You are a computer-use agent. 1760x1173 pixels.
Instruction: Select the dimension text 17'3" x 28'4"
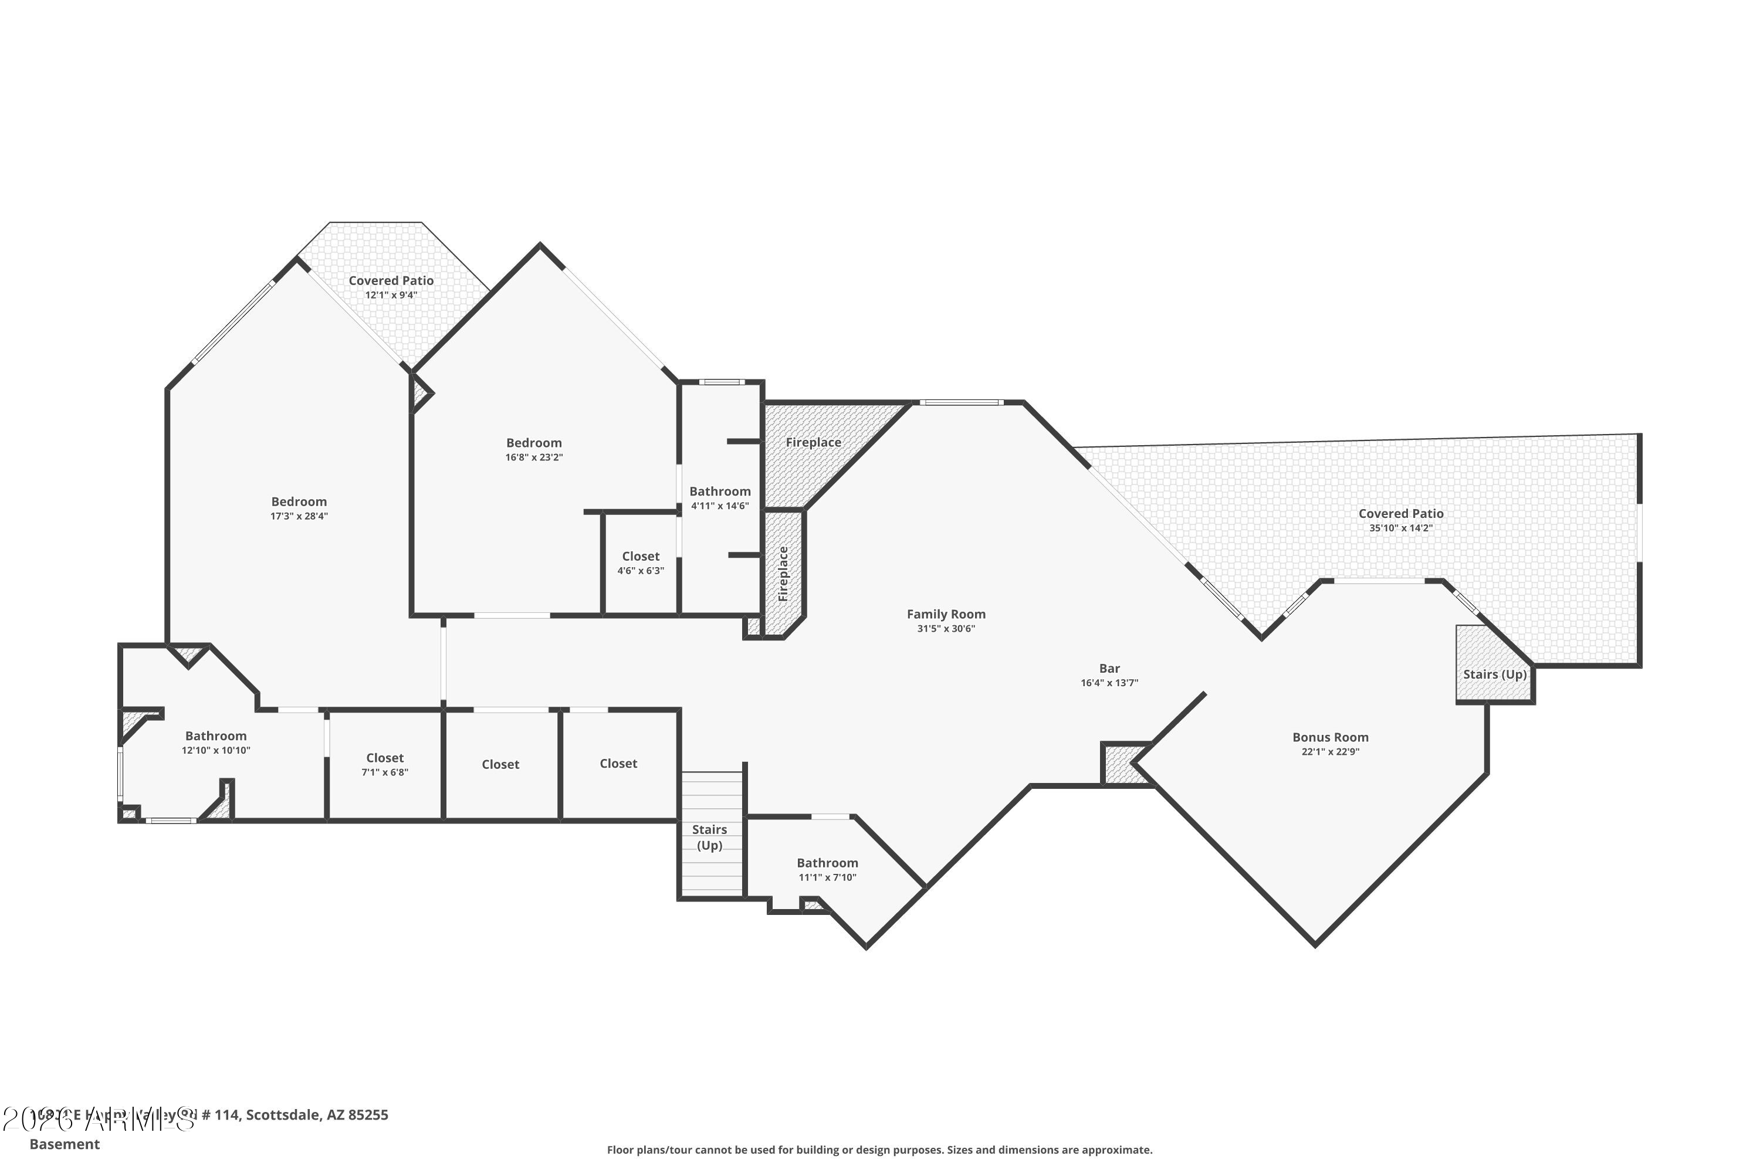(299, 516)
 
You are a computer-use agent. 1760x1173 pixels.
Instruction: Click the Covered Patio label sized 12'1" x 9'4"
(391, 280)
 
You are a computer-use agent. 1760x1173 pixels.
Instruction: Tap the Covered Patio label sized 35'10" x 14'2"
(1401, 513)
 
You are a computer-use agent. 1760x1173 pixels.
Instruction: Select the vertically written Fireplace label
(783, 574)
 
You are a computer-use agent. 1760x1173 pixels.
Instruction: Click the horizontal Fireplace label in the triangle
(813, 442)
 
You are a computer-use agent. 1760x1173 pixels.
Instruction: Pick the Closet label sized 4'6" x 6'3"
(641, 557)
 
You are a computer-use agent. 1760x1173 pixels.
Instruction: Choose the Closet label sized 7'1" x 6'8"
(385, 758)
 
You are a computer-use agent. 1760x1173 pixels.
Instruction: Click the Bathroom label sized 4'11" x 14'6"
(720, 491)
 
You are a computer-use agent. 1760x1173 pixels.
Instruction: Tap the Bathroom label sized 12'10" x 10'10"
(215, 736)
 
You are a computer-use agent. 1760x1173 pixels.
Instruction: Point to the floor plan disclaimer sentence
(879, 1150)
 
